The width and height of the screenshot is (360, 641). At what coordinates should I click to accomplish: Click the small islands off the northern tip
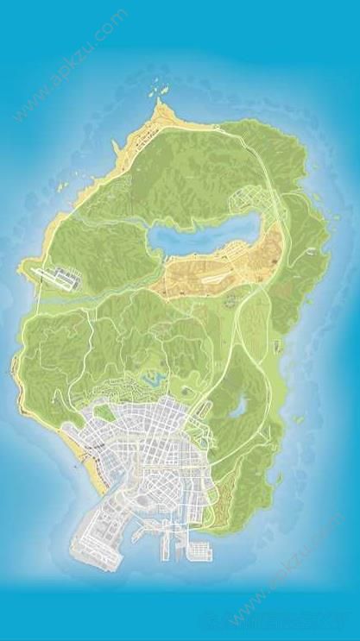pyautogui.click(x=158, y=87)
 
